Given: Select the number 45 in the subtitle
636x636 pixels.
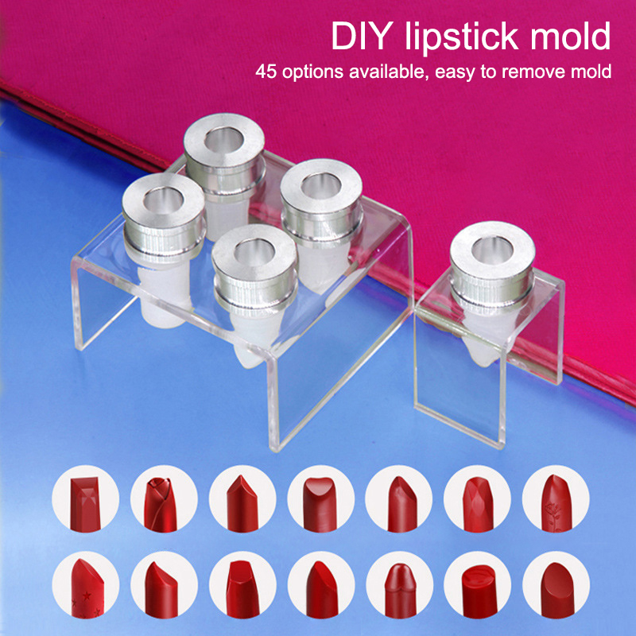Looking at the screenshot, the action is tap(266, 72).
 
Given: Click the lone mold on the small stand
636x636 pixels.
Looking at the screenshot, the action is tap(491, 293).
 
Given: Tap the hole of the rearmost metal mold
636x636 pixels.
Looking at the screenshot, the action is tap(223, 140).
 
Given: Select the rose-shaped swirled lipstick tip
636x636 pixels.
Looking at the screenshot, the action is tap(161, 505).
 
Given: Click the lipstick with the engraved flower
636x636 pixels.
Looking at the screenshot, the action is tap(556, 503).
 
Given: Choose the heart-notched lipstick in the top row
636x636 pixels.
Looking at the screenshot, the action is tap(320, 505).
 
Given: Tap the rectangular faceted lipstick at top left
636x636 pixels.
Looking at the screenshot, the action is tap(85, 504).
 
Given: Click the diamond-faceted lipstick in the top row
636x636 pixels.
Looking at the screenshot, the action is tap(479, 505).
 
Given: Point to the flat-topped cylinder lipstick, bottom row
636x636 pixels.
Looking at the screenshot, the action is tap(479, 591).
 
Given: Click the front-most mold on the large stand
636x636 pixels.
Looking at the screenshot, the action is tap(254, 292).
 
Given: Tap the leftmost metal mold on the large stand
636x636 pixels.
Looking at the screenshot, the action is tap(164, 247).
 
